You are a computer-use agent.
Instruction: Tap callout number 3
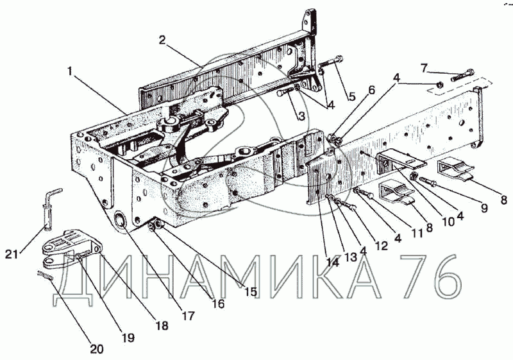[300, 116]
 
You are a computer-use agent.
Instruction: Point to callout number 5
[351, 98]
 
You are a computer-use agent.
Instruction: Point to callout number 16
[219, 304]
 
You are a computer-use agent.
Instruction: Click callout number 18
[161, 326]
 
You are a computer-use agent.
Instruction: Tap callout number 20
[96, 350]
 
